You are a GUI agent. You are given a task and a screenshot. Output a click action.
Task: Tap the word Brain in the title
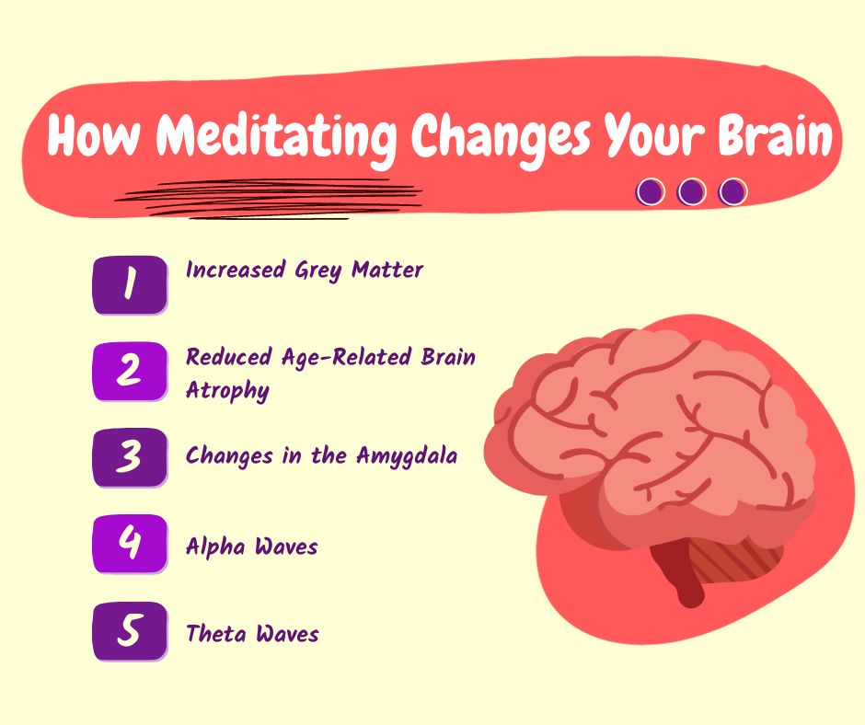pos(775,135)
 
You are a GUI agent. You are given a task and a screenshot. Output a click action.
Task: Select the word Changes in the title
pos(501,138)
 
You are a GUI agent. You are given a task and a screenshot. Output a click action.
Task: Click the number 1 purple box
pos(130,284)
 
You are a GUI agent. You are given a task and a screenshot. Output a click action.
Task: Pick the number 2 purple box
pos(130,372)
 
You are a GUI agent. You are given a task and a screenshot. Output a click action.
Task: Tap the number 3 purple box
pos(130,458)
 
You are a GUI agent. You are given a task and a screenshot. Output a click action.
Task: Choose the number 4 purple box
pos(130,544)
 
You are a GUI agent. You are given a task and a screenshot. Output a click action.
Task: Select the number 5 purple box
pos(130,631)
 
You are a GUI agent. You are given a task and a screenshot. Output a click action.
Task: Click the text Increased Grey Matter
pos(305,270)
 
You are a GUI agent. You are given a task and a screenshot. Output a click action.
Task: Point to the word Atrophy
pos(228,391)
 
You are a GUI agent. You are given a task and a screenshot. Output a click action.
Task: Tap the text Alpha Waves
pos(251,547)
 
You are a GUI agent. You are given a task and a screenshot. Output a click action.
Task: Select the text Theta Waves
pos(252,633)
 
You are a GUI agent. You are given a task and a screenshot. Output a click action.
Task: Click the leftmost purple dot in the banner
pos(651,192)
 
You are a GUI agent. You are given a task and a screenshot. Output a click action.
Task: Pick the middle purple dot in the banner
pos(692,192)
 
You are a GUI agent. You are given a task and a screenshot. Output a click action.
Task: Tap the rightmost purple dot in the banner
pos(732,192)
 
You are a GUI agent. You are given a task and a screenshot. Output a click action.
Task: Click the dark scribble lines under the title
pos(269,199)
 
